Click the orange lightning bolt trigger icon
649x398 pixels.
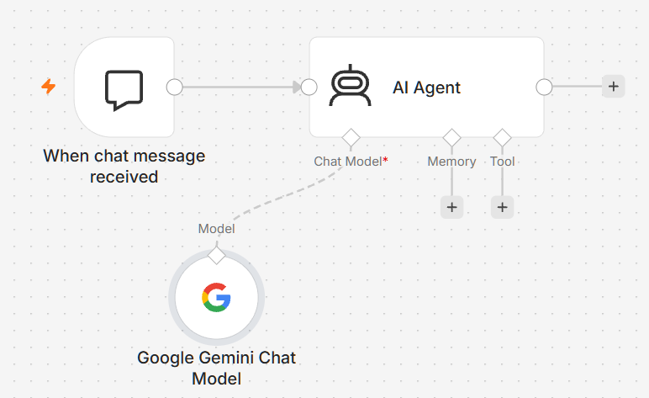[49, 86]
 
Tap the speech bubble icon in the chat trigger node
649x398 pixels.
[124, 90]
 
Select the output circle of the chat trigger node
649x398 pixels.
[174, 87]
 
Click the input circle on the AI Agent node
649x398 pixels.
[309, 87]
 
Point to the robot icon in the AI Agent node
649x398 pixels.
[351, 85]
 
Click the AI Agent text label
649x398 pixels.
[426, 88]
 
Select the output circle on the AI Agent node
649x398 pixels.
[544, 87]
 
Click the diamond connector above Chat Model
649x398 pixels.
[351, 137]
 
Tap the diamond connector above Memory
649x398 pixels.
[451, 137]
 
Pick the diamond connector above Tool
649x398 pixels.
[502, 137]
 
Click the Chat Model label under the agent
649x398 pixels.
[351, 161]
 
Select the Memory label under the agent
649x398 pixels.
[451, 161]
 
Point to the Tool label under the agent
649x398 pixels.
[502, 161]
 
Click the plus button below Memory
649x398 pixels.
[451, 207]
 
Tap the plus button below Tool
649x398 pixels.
[502, 207]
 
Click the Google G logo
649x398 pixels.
[216, 297]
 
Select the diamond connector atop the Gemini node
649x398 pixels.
[216, 255]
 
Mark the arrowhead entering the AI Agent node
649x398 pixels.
[298, 87]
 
